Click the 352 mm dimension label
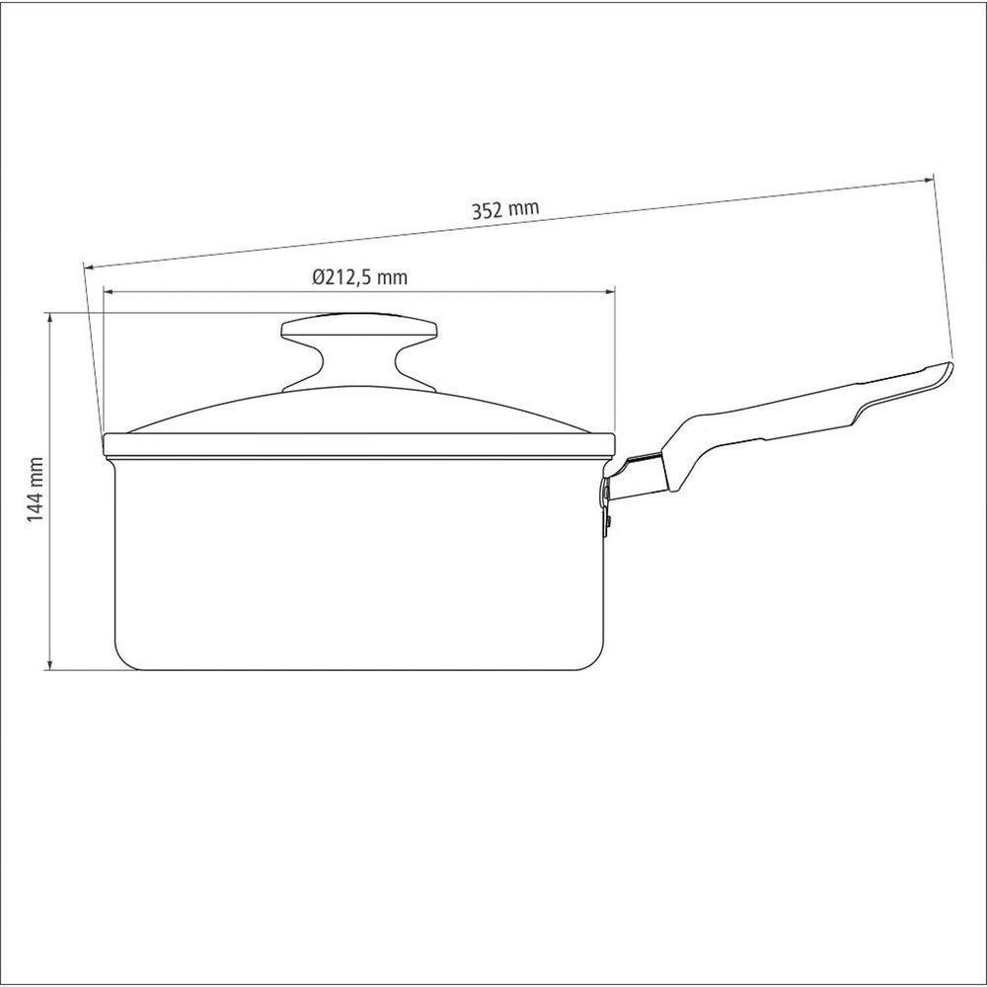pyautogui.click(x=505, y=209)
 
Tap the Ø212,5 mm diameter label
pyautogui.click(x=360, y=277)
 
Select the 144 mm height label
pyautogui.click(x=36, y=490)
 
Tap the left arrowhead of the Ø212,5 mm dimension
pyautogui.click(x=109, y=291)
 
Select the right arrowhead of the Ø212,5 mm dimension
pyautogui.click(x=609, y=291)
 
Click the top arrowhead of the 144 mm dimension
pyautogui.click(x=50, y=318)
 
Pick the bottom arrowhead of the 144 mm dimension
pyautogui.click(x=50, y=663)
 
